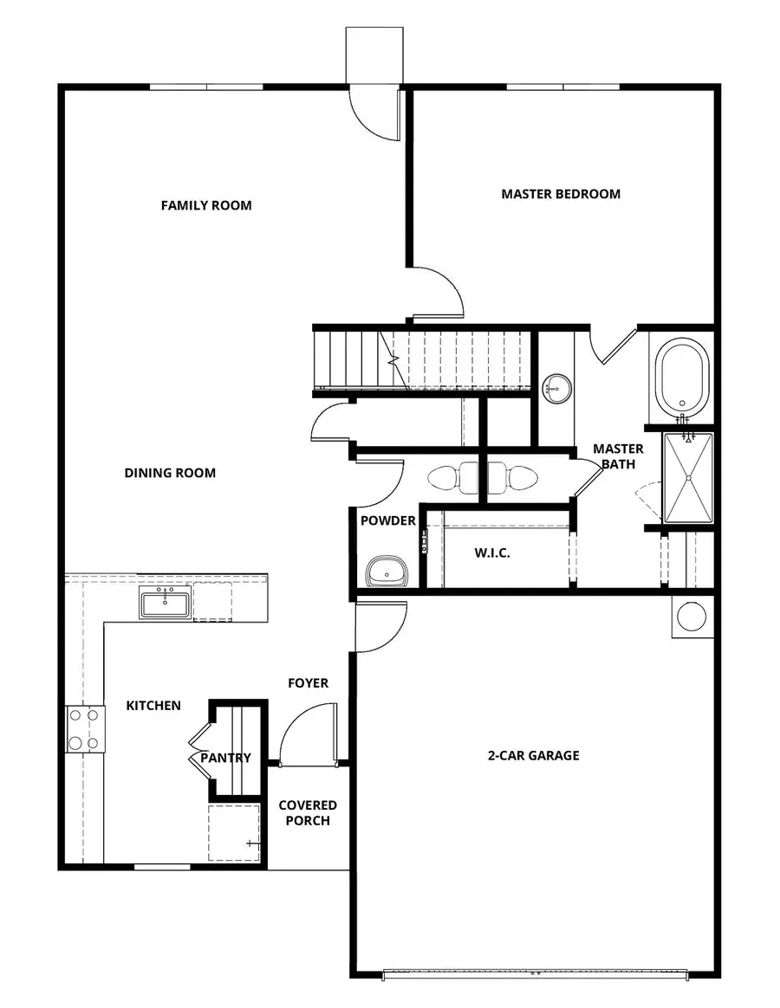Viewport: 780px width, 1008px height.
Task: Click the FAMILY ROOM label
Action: (x=206, y=205)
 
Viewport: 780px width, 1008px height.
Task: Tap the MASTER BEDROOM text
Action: (x=561, y=194)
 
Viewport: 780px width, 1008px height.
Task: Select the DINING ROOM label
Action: (x=170, y=473)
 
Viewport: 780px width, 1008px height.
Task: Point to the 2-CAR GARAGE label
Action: (x=533, y=755)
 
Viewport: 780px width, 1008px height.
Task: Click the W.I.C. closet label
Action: (x=491, y=552)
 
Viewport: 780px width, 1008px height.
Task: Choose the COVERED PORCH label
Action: (x=308, y=812)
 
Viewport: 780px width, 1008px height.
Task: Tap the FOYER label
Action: (x=309, y=683)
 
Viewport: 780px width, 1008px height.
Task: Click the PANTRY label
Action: (x=225, y=758)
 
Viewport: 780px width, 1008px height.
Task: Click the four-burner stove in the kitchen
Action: (x=85, y=729)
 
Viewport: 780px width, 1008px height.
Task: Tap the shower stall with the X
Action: (x=688, y=478)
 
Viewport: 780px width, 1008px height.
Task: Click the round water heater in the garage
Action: (x=692, y=617)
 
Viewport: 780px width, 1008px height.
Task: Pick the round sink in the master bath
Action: (x=556, y=389)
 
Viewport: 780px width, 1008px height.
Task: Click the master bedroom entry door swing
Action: (x=439, y=293)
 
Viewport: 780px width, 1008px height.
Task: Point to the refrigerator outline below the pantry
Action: (x=234, y=831)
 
